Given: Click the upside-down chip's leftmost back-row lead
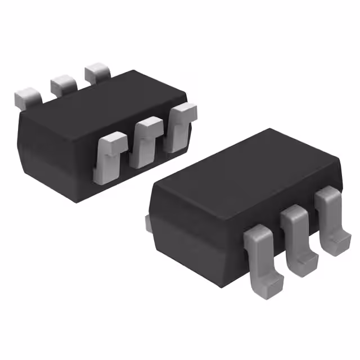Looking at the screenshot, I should (x=26, y=97).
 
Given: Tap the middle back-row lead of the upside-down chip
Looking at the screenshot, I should (x=63, y=84).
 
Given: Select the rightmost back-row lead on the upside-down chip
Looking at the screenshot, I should (x=98, y=74).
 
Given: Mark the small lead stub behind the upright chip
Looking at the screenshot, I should (x=148, y=223).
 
